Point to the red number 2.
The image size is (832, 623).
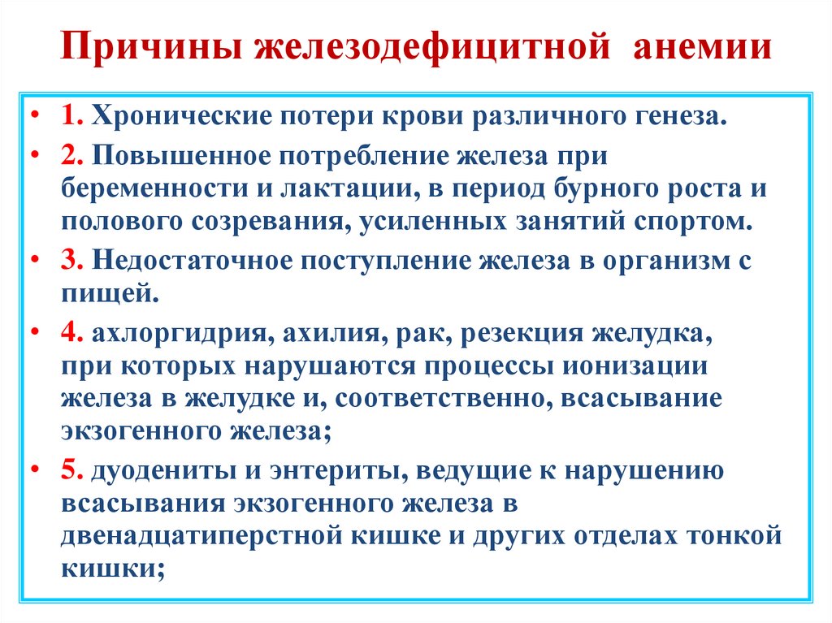(x=69, y=156)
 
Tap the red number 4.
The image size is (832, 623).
(x=70, y=335)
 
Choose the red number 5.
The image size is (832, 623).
(x=70, y=470)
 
